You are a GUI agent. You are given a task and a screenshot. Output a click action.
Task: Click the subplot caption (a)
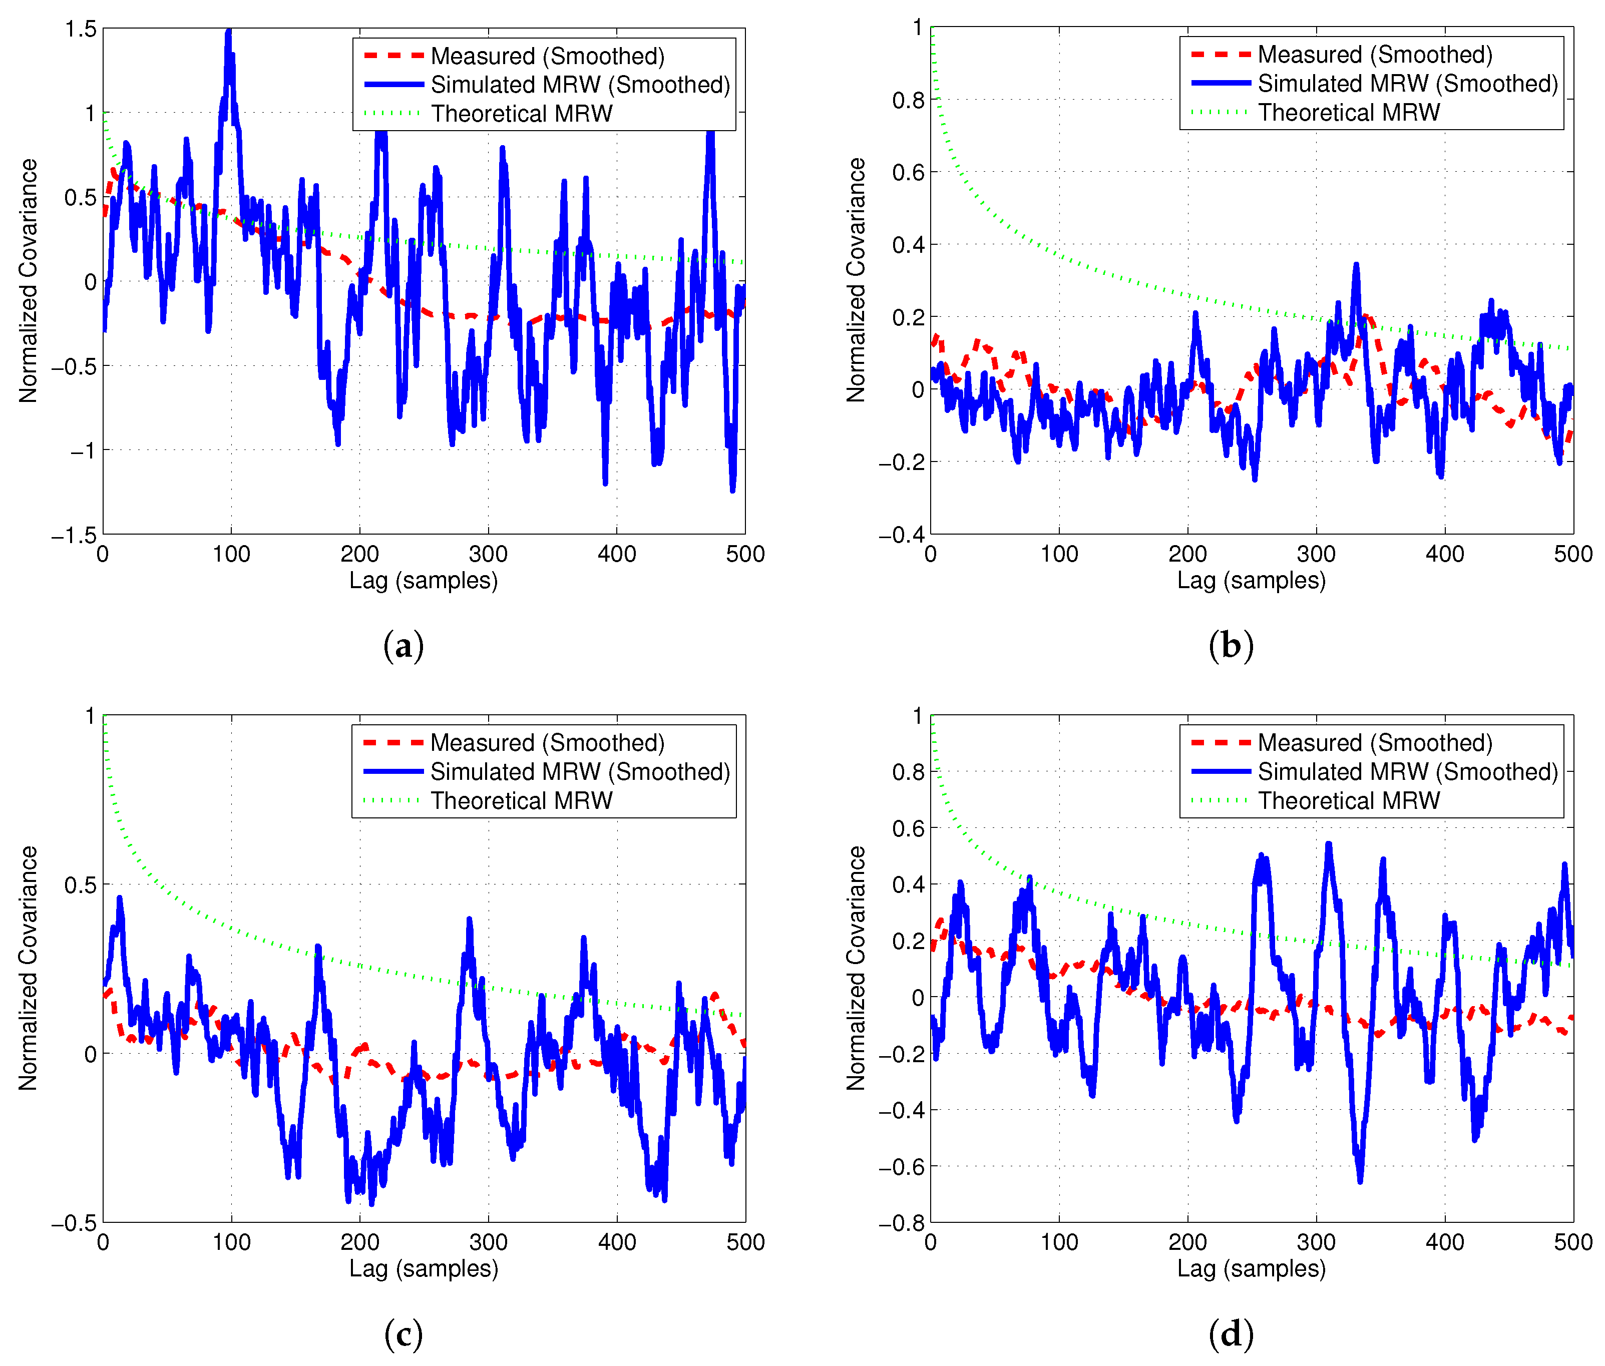coord(404,645)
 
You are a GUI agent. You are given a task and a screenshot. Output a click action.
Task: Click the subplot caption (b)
coord(1231,645)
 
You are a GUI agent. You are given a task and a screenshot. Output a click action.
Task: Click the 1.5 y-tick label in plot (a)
coord(81,30)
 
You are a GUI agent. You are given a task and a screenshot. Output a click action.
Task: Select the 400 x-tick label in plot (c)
coord(617,1242)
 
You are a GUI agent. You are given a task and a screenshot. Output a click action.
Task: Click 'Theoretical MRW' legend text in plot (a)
coord(521,114)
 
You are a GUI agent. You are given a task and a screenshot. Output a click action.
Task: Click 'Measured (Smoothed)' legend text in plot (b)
coord(1375,55)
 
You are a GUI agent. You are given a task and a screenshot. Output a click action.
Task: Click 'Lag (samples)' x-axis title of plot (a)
coord(424,581)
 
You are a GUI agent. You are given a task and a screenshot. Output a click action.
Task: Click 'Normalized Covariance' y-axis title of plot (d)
coord(856,968)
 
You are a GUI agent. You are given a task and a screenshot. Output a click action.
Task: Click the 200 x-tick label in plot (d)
coord(1187,1242)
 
